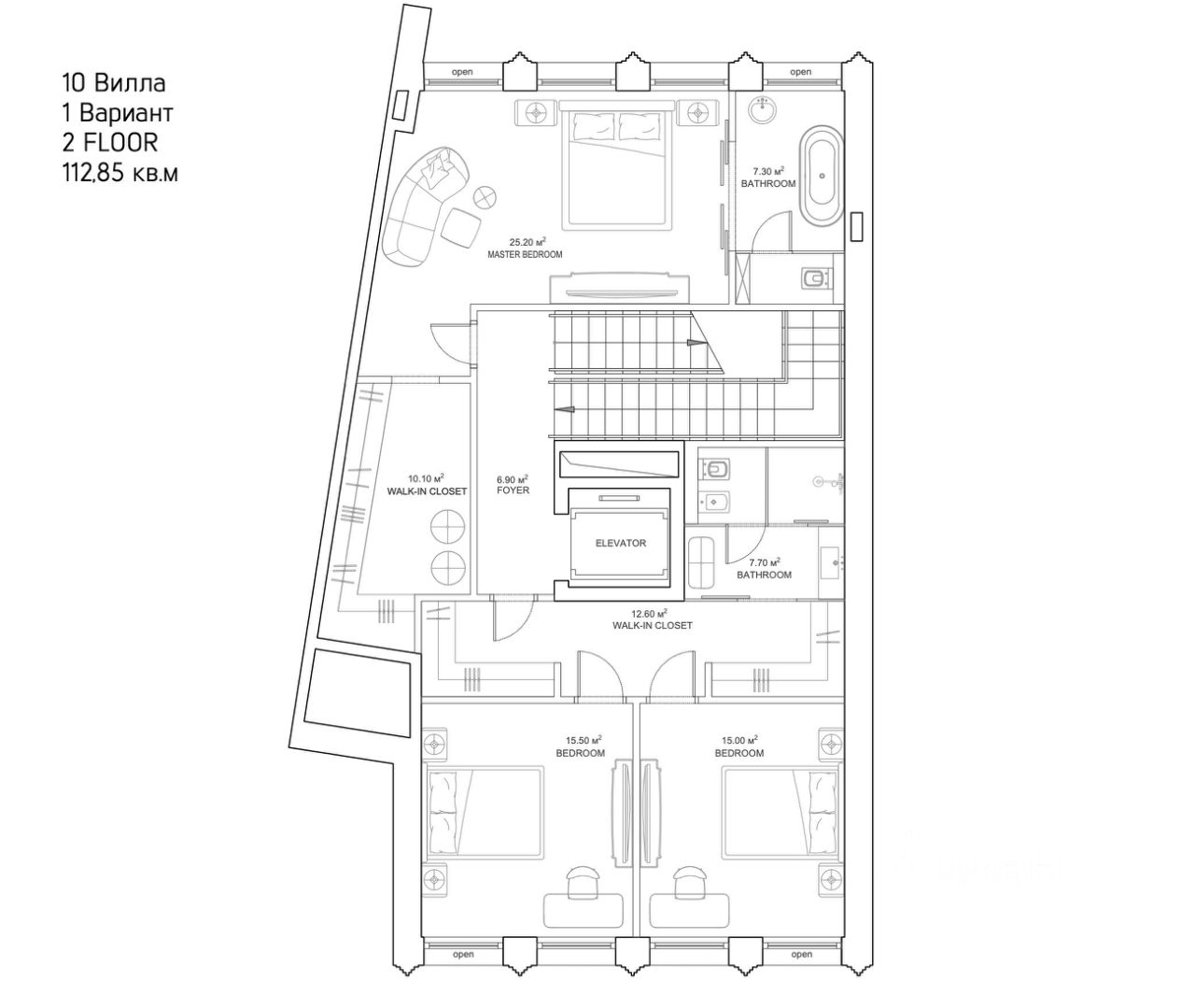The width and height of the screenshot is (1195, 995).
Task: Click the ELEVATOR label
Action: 620,543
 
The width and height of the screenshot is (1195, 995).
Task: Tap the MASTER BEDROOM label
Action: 525,254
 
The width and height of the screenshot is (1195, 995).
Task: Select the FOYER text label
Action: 513,490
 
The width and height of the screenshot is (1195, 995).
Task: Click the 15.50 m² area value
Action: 583,739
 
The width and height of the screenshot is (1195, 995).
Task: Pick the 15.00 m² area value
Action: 739,739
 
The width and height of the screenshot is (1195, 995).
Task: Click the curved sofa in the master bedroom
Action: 418,201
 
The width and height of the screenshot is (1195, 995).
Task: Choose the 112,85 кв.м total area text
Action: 119,172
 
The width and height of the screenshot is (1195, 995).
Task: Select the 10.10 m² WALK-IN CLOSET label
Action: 427,485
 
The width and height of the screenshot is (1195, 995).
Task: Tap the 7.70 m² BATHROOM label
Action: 764,569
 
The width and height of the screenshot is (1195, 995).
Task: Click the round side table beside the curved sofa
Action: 485,197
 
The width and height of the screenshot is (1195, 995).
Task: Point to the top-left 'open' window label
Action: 462,72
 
